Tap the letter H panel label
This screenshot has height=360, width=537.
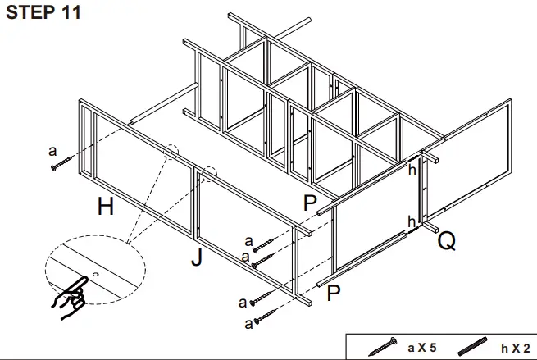[x=105, y=207]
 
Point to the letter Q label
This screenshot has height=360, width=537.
[x=447, y=240]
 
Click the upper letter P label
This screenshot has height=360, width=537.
[x=310, y=203]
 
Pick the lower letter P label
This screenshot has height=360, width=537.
[x=333, y=293]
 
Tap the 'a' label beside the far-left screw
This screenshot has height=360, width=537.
[x=52, y=150]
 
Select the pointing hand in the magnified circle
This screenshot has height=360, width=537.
[x=71, y=294]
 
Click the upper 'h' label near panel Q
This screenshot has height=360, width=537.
[x=412, y=171]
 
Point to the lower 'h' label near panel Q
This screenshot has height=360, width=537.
[x=412, y=221]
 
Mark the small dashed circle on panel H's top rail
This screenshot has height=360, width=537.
[x=171, y=153]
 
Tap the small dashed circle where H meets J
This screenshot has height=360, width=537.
[x=208, y=172]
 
